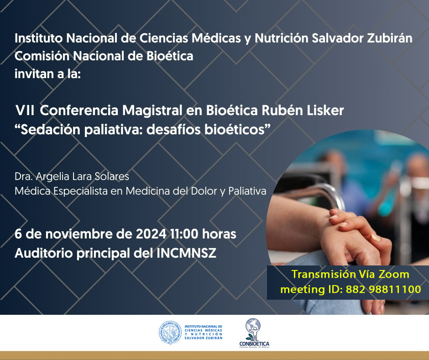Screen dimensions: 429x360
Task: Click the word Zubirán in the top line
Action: coord(390,38)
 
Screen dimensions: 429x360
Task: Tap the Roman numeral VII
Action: coord(25,111)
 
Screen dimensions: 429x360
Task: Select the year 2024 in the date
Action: coord(151,234)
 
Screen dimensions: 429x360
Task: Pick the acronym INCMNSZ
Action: coord(186,253)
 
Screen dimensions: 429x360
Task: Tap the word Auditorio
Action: coord(44,253)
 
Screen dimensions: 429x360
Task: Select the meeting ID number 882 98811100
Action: coord(383,289)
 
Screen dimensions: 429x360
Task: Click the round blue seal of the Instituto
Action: coord(170,333)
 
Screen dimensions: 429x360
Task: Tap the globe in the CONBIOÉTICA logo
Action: coord(253,326)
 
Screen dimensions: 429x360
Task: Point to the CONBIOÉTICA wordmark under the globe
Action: coord(254,344)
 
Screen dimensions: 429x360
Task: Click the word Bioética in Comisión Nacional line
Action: coord(170,56)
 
